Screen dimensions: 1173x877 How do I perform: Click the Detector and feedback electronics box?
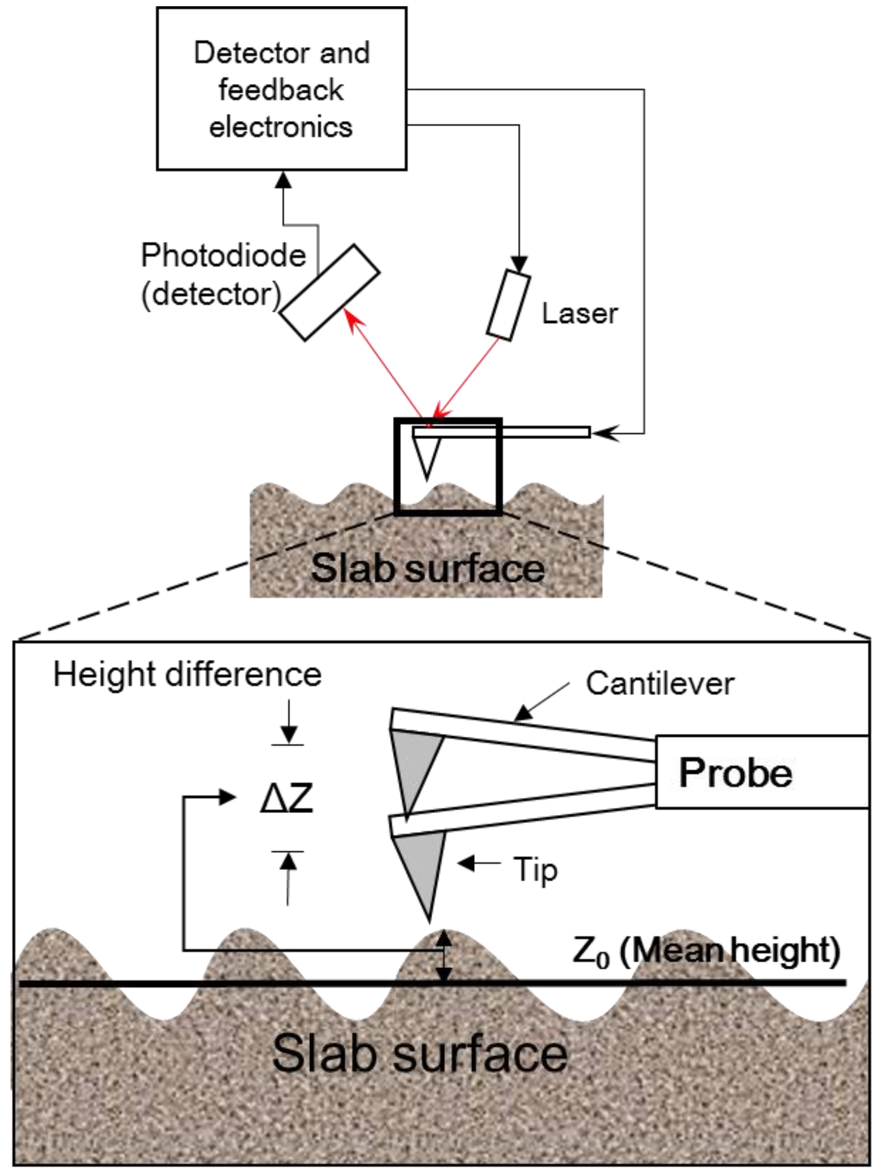coord(281,89)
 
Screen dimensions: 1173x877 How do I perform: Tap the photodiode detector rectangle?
coord(329,292)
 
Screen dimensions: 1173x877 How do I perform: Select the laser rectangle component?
coord(508,305)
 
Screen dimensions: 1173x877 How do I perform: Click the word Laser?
coord(580,314)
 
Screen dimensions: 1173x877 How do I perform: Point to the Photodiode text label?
coord(223,256)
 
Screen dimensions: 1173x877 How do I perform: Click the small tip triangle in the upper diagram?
coord(427,456)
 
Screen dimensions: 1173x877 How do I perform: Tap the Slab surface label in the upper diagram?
coord(427,568)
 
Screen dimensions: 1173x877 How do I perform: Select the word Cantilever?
coord(660,683)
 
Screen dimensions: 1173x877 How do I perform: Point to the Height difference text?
coord(187,675)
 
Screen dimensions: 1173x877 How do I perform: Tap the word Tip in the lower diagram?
coord(535,870)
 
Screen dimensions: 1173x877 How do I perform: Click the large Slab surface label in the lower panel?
coord(419,1053)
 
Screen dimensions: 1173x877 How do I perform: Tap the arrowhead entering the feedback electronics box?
coord(284,180)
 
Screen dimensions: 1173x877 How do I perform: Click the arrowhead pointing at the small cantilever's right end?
coord(604,433)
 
